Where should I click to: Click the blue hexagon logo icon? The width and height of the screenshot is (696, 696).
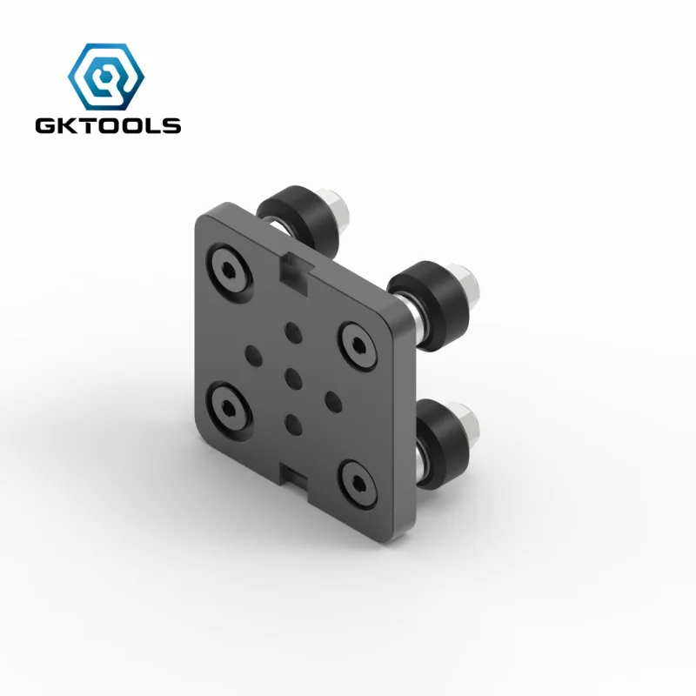[x=107, y=77]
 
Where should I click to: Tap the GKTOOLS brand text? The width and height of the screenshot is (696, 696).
[x=108, y=126]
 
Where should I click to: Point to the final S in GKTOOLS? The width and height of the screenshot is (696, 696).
[x=172, y=126]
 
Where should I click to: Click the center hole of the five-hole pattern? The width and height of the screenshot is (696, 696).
[x=293, y=377]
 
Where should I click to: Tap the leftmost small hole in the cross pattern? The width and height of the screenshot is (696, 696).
[x=254, y=353]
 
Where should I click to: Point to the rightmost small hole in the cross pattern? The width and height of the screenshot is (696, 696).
[x=332, y=399]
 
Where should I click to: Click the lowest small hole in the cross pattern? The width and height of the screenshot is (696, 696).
[x=293, y=424]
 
